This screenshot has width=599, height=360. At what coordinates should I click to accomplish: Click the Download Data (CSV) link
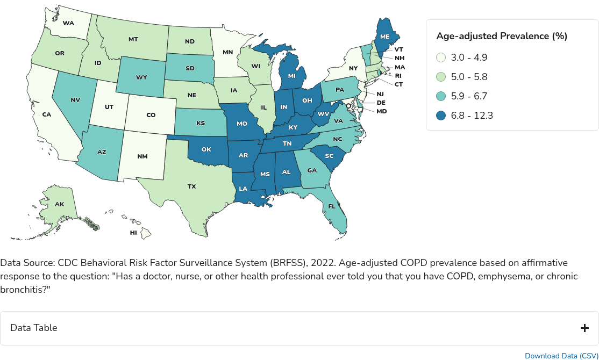coord(561,356)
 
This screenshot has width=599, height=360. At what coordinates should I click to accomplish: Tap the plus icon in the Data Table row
coord(584,328)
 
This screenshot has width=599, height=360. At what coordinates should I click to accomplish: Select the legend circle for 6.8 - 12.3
coord(441,116)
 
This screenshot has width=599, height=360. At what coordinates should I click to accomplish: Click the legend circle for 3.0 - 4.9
coord(441,57)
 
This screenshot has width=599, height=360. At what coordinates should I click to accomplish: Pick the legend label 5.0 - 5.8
coord(470,77)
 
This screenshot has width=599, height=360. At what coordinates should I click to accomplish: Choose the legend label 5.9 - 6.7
coord(470,96)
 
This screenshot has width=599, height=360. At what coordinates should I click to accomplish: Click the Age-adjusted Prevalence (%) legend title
coord(502,36)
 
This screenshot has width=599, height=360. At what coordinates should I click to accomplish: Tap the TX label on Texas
coord(191,186)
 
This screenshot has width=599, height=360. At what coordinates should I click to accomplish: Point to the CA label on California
coord(46,114)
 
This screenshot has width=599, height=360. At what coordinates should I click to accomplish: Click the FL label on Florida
coord(332,206)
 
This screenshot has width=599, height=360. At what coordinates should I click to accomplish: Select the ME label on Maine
coord(384,36)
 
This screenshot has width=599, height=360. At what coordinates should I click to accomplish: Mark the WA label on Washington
coord(68,23)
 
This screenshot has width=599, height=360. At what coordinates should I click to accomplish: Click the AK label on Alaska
coord(59,205)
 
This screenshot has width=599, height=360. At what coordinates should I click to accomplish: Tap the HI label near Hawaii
coord(133,233)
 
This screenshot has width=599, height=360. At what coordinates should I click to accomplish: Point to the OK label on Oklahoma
coord(206,149)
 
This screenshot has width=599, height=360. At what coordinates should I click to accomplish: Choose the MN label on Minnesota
coord(228,52)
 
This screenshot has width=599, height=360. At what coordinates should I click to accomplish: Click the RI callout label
coord(398,76)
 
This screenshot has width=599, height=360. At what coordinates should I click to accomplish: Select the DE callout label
coord(381,102)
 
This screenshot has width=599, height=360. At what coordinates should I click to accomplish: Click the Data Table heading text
coord(33,328)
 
